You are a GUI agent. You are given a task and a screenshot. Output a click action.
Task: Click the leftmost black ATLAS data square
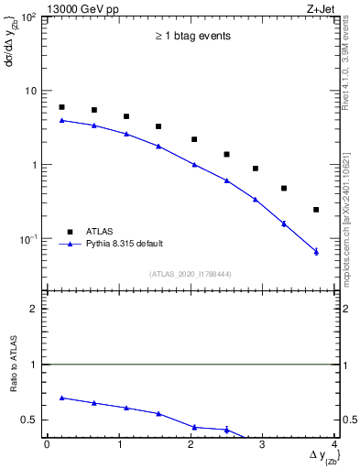[x=61, y=107]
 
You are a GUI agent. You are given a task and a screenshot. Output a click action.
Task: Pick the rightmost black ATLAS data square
[x=316, y=210]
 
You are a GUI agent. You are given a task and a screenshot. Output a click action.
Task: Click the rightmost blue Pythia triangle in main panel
[x=316, y=251]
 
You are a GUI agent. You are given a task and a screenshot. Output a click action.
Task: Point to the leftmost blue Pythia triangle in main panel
[x=61, y=120]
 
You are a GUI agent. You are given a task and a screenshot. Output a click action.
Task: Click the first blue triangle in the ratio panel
[x=61, y=398]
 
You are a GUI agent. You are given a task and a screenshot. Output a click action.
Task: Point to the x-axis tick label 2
[x=191, y=444]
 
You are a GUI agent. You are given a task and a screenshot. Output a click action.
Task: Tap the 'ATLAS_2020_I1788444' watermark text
[x=191, y=274]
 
